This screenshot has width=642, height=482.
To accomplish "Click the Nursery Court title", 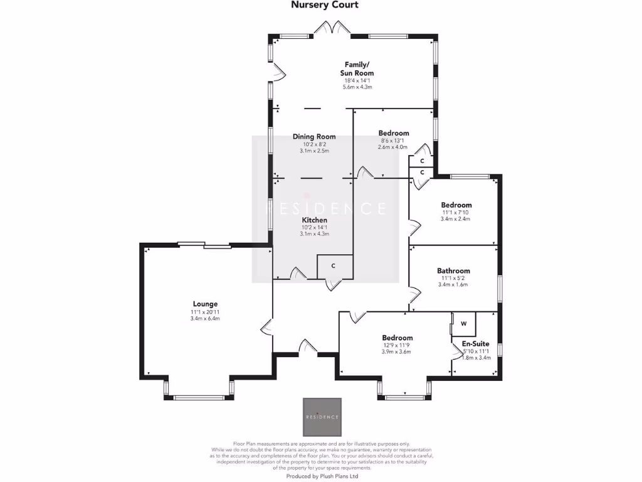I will coord(325,5).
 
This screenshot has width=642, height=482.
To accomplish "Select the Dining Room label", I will coord(314,136).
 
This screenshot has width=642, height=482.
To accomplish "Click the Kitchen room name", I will coord(314,220).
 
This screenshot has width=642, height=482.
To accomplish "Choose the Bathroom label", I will coord(453,270).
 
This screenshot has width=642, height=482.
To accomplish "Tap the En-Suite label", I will coord(475,344).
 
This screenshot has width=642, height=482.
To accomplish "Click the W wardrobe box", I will coord(464,324).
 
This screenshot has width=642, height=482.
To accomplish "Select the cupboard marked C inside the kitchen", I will coord(334,265).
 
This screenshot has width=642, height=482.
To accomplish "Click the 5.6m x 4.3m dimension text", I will coord(357,87).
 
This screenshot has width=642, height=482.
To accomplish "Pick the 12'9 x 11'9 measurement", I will coord(396,345).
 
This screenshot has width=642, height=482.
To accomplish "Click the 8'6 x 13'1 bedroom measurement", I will coord(393,141).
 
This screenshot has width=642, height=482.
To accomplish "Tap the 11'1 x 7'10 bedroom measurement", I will coord(456,212).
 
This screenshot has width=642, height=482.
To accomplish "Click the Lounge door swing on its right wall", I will coord(266,328).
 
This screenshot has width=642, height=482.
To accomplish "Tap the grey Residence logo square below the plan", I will coord(322,417).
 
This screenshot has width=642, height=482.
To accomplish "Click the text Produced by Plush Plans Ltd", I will coord(322,476).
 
